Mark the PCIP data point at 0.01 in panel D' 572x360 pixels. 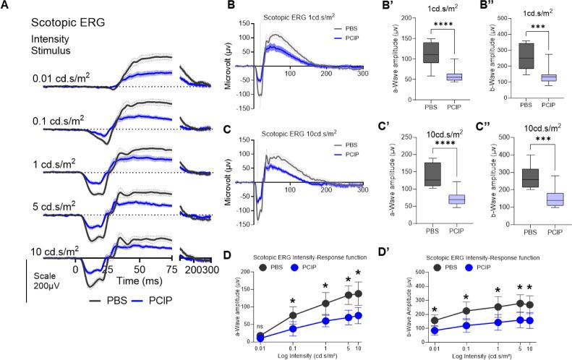tap(435, 331)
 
